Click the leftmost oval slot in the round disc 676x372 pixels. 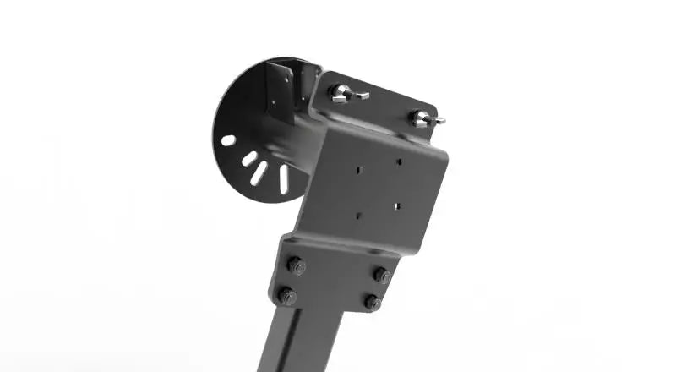pos(228,140)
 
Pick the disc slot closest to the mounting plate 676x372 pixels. pos(283,178)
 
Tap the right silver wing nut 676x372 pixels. pos(425,119)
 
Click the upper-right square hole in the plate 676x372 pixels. pos(400,160)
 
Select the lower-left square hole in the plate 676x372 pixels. pos(358,214)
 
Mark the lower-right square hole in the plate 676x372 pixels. pos(397,204)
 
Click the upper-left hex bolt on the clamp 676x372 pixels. pos(296,265)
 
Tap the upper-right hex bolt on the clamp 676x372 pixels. pos(382,275)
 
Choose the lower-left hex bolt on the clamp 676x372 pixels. pos(287,297)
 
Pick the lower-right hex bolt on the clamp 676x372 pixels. pos(372,302)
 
